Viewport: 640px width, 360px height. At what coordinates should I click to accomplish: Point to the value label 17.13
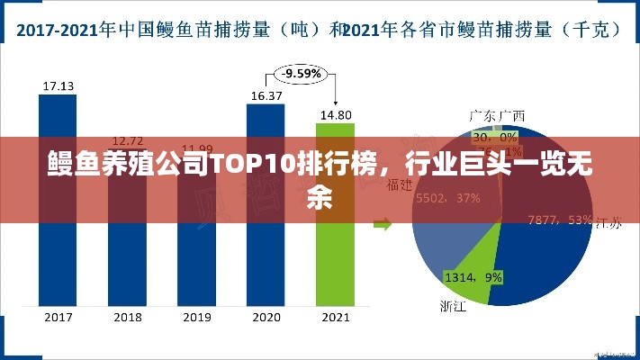(x=58, y=86)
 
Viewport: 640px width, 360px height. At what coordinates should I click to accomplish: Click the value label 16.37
(x=266, y=94)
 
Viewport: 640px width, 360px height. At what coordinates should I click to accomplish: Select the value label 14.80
(x=335, y=114)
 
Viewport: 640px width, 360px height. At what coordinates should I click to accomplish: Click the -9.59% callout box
(x=300, y=73)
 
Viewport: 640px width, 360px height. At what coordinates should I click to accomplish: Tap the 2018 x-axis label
(x=127, y=317)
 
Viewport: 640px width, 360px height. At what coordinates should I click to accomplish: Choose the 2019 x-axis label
(x=196, y=317)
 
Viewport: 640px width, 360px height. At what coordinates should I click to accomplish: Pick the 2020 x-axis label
(x=266, y=317)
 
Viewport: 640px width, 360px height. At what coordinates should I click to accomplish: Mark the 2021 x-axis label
(x=335, y=317)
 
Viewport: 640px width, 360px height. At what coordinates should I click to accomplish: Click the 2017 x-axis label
(x=58, y=317)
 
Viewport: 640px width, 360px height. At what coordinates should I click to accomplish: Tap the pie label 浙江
(x=453, y=306)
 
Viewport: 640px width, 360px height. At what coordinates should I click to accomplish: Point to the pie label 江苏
(x=607, y=225)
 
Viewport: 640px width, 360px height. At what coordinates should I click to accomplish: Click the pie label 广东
(x=482, y=115)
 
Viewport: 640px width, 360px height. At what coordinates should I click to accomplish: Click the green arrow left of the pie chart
(x=383, y=223)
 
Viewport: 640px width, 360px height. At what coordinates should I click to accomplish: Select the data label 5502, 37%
(x=446, y=198)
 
